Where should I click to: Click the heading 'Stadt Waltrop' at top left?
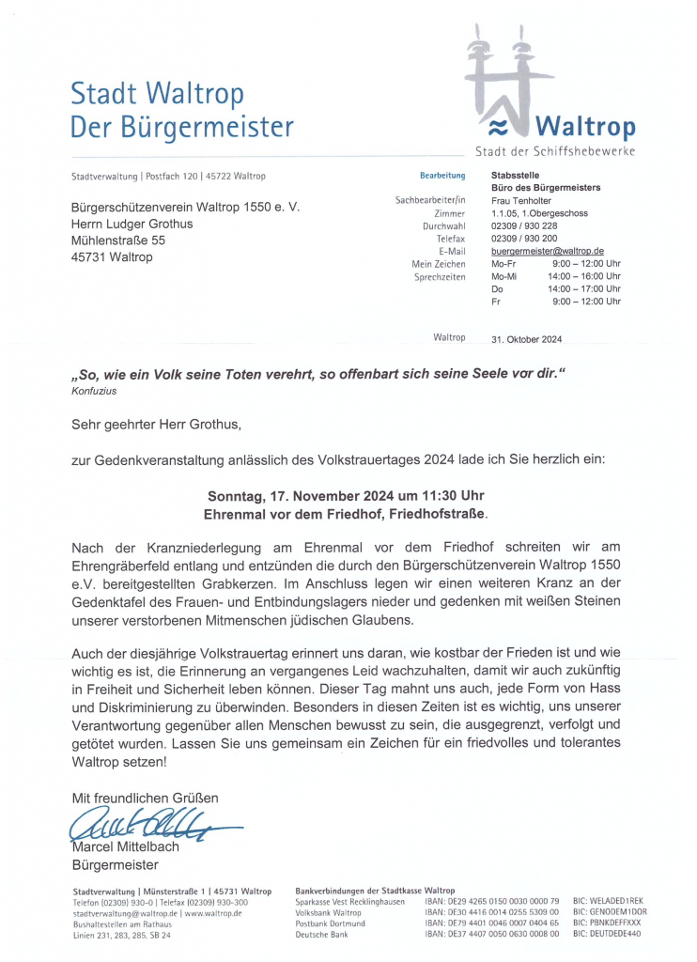157,94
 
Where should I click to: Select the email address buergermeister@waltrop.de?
547,251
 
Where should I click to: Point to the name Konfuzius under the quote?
94,391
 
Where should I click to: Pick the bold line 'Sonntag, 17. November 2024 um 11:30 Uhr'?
346,496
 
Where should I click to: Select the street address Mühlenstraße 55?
118,240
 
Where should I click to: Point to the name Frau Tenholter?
521,200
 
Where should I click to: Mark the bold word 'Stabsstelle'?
516,176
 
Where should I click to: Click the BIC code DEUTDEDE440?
607,934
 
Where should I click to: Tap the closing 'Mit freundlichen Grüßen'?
145,798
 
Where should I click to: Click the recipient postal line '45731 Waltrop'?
112,257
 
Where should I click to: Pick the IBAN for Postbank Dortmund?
491,923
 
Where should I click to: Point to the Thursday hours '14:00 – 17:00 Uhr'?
584,289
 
